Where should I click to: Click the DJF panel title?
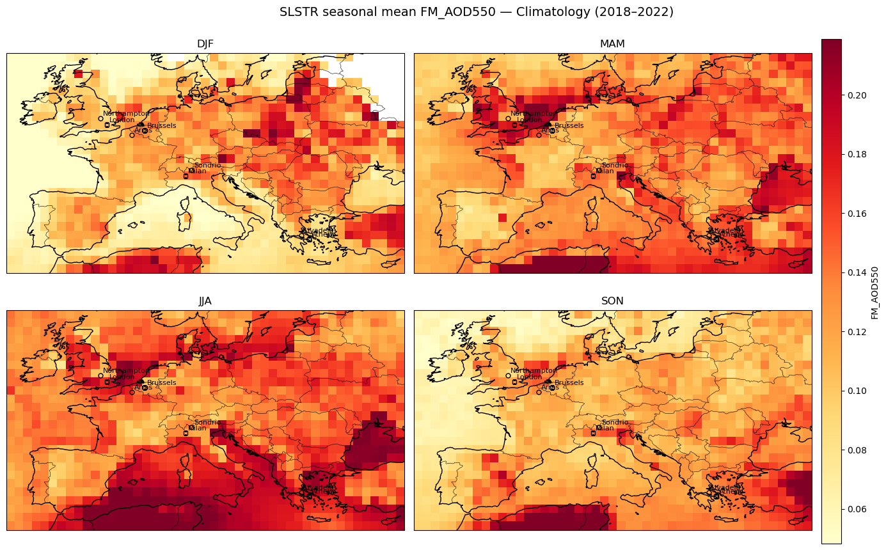205,44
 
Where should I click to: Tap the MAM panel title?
613,44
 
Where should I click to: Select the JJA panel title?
205,301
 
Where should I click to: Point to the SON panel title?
613,301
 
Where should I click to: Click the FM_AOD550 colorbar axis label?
874,292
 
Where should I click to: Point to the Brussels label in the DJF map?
162,125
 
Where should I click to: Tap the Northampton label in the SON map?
534,371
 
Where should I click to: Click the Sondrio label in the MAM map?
615,166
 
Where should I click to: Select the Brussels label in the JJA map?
162,382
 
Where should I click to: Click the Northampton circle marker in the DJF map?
100,118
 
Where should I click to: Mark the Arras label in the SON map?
550,388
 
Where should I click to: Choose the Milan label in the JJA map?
198,428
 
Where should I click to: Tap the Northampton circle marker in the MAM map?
508,118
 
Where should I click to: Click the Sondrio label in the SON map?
615,423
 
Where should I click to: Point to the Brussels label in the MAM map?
569,125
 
